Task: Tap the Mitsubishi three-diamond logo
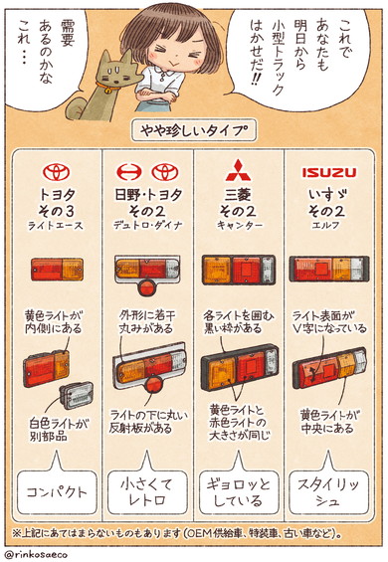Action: [x=240, y=172]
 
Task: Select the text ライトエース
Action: [x=57, y=228]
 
